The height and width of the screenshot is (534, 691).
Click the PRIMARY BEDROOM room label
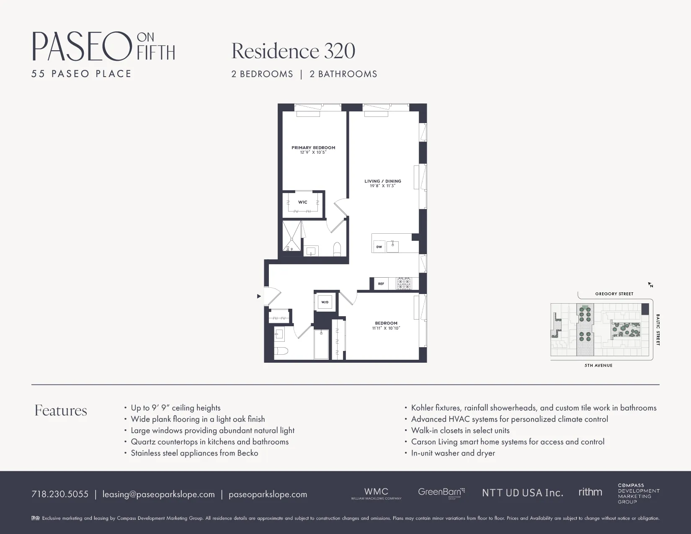[313, 147]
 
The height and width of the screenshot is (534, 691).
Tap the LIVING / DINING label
[382, 181]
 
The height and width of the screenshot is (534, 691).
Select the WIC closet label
[302, 202]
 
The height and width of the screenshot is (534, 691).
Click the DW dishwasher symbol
[379, 247]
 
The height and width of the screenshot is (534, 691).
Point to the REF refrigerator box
[381, 284]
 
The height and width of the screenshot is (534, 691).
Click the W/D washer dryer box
[325, 302]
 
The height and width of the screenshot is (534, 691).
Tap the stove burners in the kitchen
[404, 284]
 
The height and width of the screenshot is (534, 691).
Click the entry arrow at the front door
[259, 296]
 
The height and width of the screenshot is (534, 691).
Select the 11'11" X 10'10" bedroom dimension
[386, 328]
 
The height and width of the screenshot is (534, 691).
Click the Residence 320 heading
[293, 51]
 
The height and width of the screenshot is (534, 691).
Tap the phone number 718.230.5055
[60, 494]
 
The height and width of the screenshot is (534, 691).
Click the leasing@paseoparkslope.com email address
[158, 494]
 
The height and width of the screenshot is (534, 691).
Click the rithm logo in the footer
[590, 492]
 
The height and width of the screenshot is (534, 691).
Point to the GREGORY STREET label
[614, 294]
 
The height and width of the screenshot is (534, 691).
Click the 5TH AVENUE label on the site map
[598, 366]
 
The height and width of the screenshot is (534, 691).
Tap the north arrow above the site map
[650, 285]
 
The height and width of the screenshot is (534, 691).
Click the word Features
[61, 410]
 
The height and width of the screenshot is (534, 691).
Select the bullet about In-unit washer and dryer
[453, 453]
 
